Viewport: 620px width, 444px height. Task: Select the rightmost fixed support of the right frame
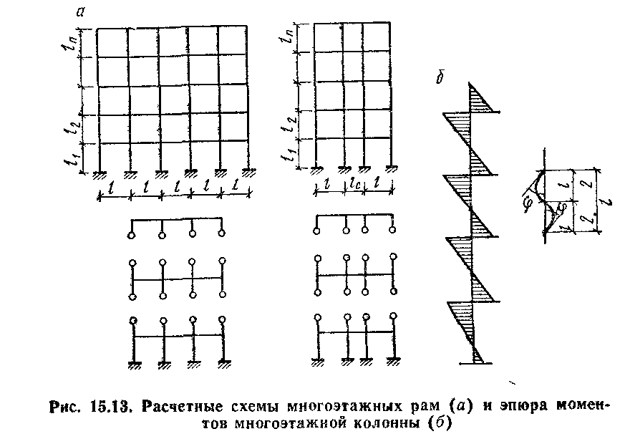[x=392, y=169]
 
